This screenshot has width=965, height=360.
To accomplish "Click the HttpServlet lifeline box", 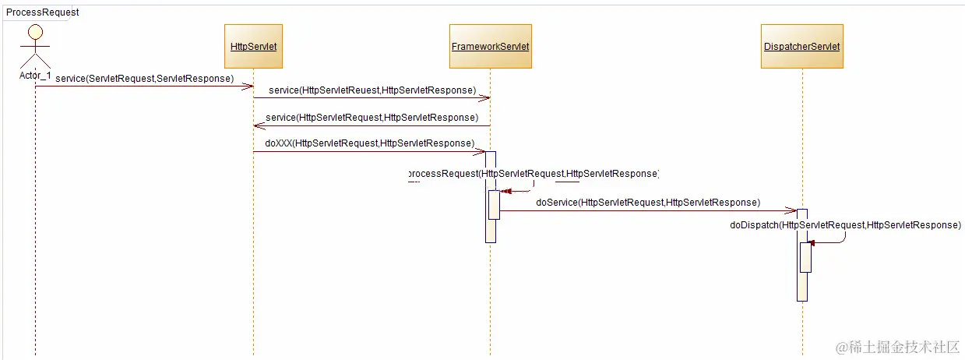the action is tap(254, 47).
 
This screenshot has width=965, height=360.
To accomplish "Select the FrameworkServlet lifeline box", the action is tap(490, 47).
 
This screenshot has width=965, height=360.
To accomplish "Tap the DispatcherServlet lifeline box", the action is tap(801, 47).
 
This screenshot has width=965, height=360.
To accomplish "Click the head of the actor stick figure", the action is tap(35, 32).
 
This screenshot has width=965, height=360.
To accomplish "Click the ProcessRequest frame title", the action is tap(42, 12).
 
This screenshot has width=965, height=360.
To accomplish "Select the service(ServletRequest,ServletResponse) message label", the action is tap(144, 79).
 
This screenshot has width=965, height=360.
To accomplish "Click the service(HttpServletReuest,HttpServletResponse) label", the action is tap(372, 90).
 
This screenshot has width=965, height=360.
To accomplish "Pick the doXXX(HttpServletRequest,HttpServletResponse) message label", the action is tap(369, 143).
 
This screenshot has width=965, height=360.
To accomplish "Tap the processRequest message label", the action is tap(534, 173).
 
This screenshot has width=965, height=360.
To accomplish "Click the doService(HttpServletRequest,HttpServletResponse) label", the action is tap(647, 202).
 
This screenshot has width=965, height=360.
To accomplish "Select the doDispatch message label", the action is tap(845, 224).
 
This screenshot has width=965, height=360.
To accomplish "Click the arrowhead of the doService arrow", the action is tap(792, 210).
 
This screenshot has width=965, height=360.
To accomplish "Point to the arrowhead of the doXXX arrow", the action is tap(481, 151).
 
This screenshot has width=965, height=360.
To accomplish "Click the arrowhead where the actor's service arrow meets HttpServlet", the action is tap(249, 86).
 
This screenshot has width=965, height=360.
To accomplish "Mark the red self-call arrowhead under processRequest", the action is tap(505, 191).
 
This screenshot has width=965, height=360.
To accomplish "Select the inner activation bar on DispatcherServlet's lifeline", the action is tap(806, 257).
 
